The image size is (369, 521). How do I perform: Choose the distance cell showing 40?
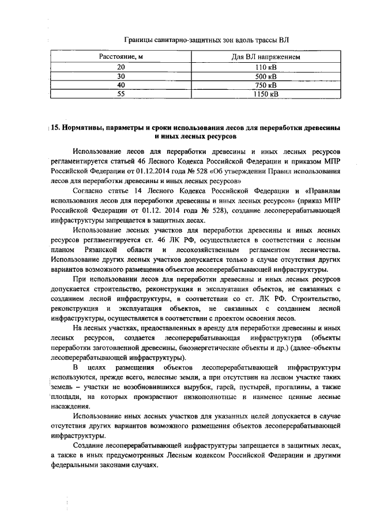pos(121,86)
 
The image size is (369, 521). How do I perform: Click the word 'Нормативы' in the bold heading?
pos(85,127)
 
